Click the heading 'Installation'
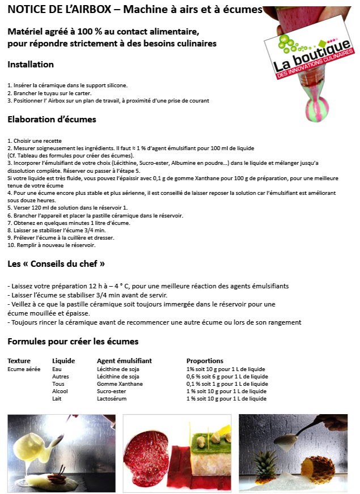point(31,65)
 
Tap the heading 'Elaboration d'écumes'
point(52,120)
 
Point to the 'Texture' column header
point(19,361)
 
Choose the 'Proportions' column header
point(205,361)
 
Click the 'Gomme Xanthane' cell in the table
point(120,384)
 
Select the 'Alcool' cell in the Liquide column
point(60,391)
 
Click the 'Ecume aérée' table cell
point(24,369)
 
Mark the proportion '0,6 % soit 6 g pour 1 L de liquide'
point(227,376)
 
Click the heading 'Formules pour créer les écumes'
point(73,342)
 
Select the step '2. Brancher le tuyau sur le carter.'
point(49,93)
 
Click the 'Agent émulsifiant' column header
point(124,361)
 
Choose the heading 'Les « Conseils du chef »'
point(56,264)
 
